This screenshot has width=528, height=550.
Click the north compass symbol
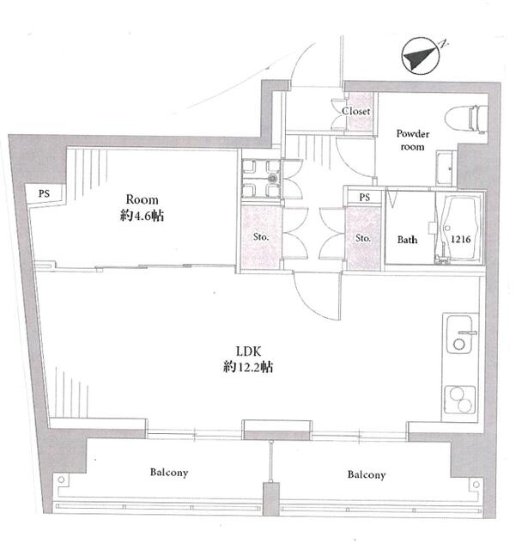(x=421, y=56)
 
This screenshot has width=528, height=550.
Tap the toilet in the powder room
(x=466, y=119)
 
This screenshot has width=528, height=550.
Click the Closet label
(x=356, y=111)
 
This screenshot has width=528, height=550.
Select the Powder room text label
(x=413, y=140)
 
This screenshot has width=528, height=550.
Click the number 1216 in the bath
(x=460, y=239)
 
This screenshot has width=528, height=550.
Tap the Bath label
(x=407, y=240)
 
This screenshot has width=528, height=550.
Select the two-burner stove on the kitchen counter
(x=460, y=400)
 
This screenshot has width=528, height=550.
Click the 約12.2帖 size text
(x=248, y=367)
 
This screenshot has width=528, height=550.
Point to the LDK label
(x=248, y=351)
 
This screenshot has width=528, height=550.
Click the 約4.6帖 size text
(x=142, y=216)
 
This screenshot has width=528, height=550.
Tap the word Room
(x=142, y=199)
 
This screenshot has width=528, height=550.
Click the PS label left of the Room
(x=44, y=193)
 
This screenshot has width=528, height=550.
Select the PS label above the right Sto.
(x=364, y=197)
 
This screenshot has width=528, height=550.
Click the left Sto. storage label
(x=261, y=237)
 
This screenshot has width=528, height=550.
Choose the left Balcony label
(x=169, y=473)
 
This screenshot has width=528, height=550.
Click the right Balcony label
(x=367, y=474)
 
